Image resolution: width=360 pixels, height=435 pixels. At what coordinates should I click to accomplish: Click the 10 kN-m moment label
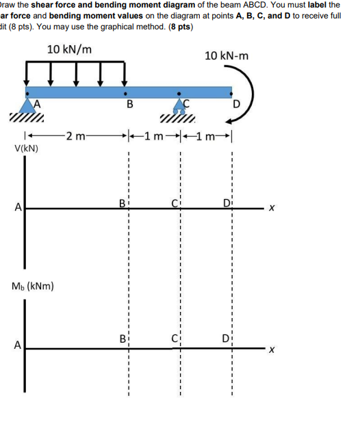pos(227,55)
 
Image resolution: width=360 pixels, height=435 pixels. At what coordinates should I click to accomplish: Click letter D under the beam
pos(236,105)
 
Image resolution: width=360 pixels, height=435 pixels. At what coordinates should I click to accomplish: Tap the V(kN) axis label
pos(25,147)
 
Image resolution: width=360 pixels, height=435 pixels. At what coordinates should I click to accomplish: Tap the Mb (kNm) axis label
pos(33,285)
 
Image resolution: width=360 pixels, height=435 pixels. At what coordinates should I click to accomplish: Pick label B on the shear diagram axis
pos(123,203)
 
